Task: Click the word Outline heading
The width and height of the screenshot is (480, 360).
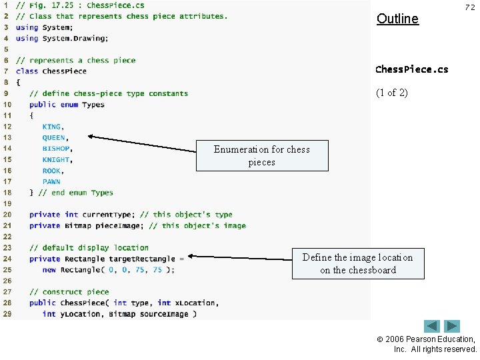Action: click(x=397, y=19)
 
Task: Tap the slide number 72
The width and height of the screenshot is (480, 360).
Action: click(x=469, y=6)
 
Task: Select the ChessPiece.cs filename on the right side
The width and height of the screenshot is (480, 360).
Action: click(x=411, y=69)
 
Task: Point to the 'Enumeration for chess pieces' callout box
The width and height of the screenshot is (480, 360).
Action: click(x=261, y=155)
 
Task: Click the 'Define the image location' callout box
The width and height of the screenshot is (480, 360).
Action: click(x=357, y=263)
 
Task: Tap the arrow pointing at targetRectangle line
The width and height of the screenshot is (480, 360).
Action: click(x=240, y=257)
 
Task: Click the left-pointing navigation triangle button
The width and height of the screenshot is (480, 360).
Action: click(x=432, y=327)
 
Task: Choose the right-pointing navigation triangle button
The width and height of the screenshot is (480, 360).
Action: click(x=453, y=327)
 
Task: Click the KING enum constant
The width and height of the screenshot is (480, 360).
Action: click(x=51, y=127)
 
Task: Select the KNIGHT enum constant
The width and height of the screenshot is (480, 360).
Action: click(x=56, y=160)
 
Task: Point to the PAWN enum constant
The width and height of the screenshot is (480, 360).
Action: click(x=51, y=181)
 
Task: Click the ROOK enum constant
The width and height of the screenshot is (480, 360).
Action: click(x=51, y=171)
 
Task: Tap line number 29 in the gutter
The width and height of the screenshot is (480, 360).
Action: click(x=7, y=313)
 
